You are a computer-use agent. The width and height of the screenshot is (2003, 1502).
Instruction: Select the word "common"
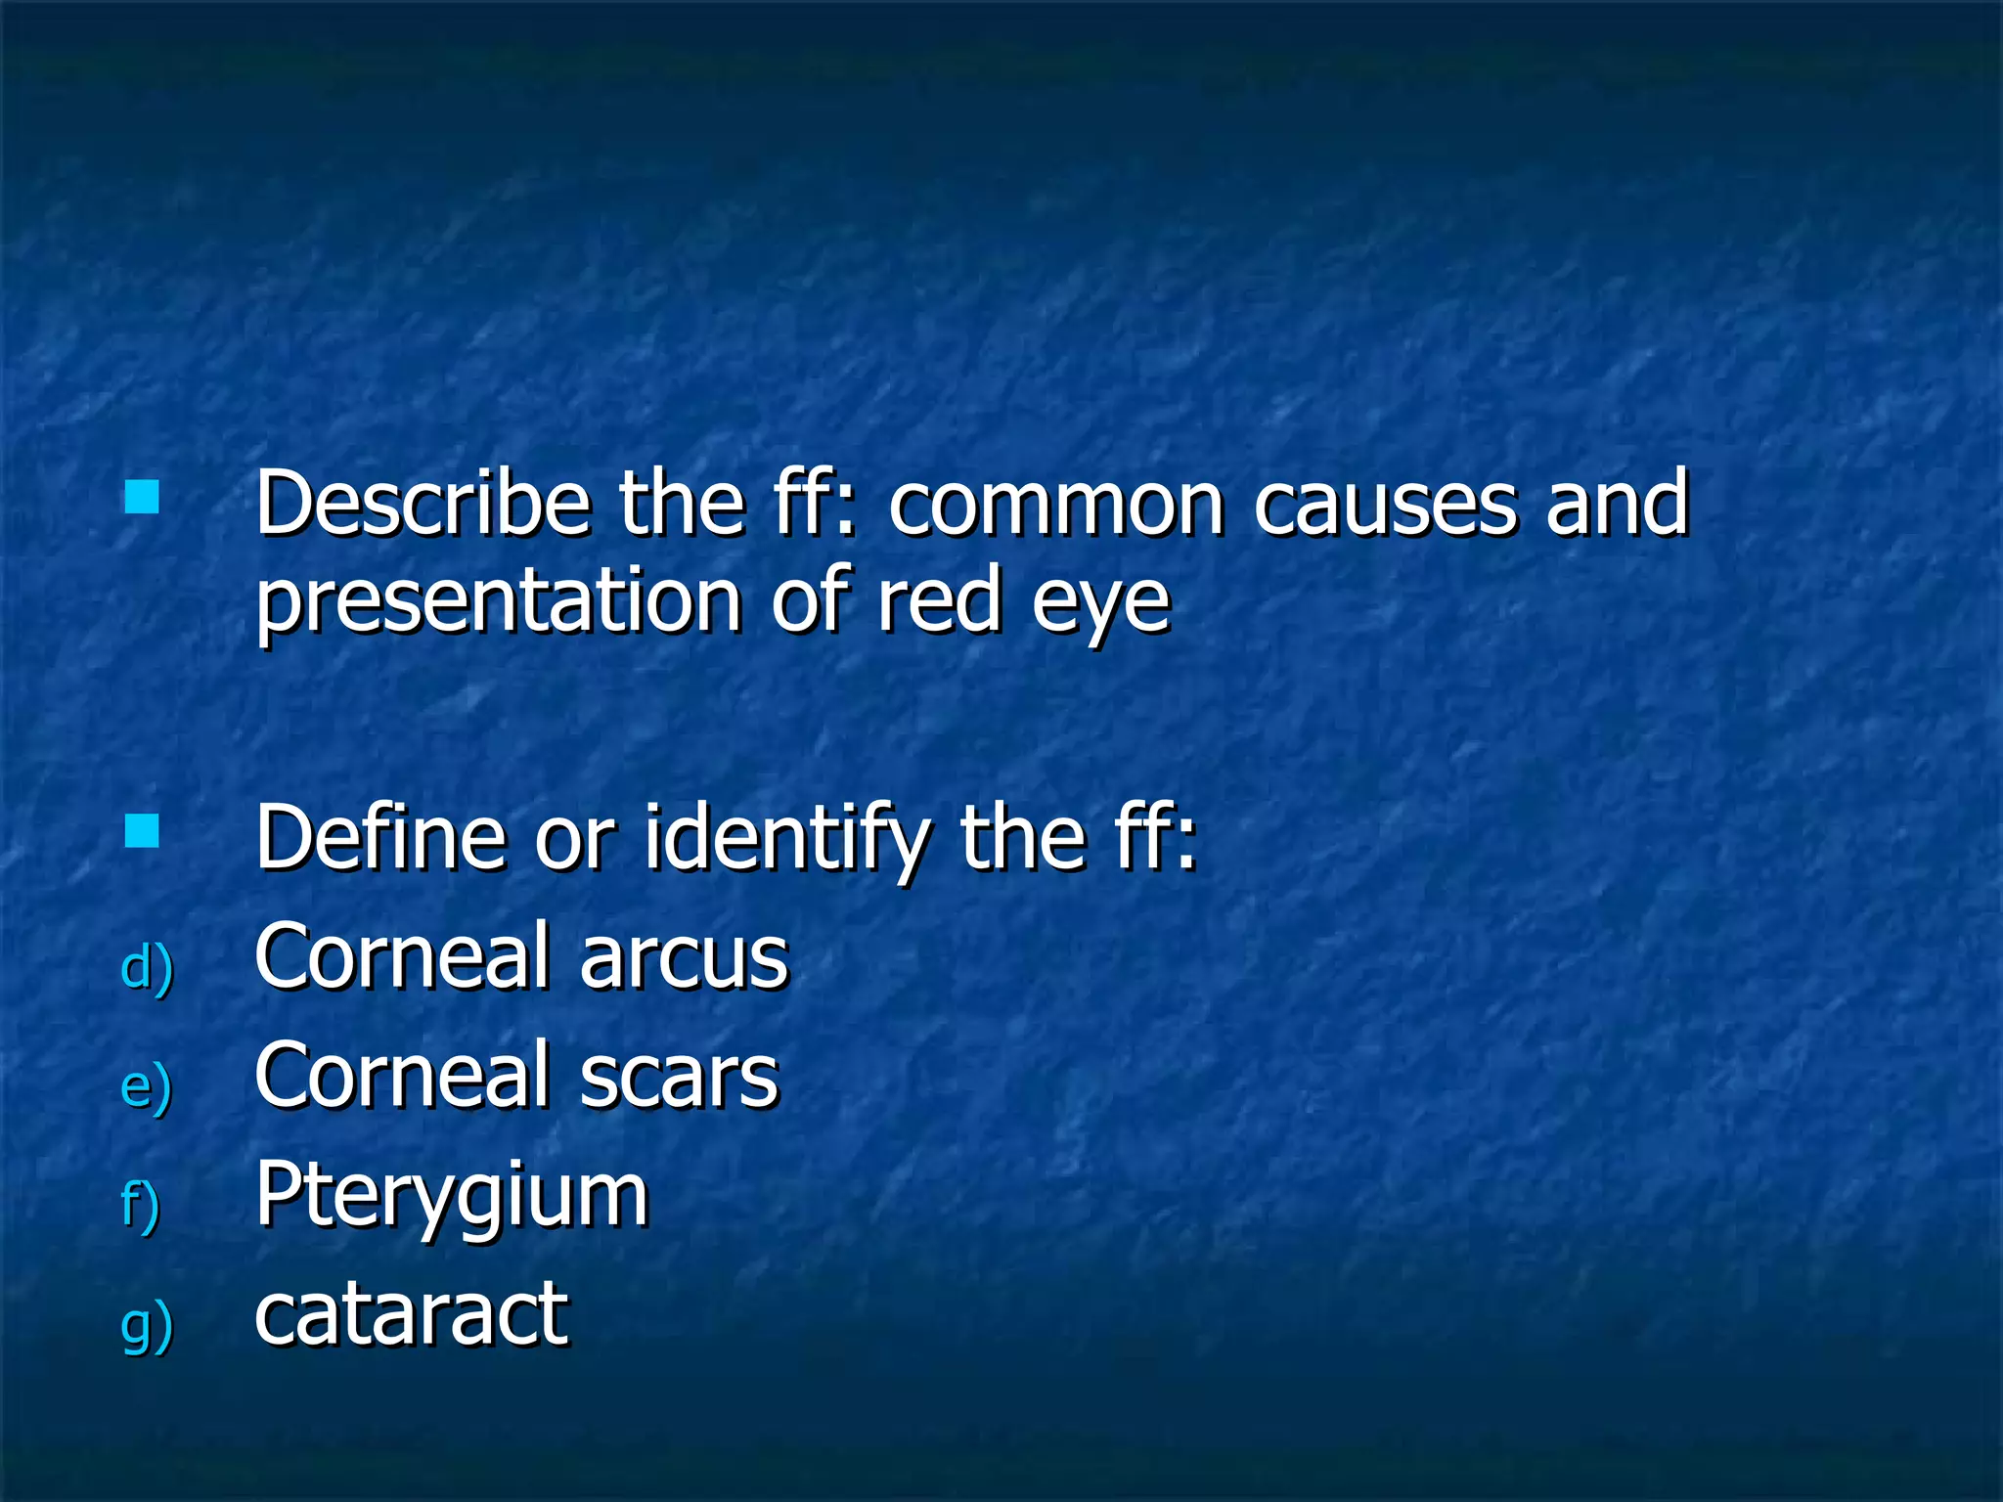pos(1055,506)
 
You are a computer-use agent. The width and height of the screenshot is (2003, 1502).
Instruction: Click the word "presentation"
pos(498,603)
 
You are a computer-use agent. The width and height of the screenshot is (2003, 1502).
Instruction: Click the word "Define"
pos(380,837)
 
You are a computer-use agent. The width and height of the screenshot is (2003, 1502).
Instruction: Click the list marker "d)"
pos(147,968)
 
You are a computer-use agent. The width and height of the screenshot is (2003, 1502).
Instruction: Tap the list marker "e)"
pos(147,1086)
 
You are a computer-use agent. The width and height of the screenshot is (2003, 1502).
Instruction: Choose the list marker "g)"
pos(147,1326)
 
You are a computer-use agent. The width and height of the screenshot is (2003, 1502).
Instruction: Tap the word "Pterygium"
pos(451,1197)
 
